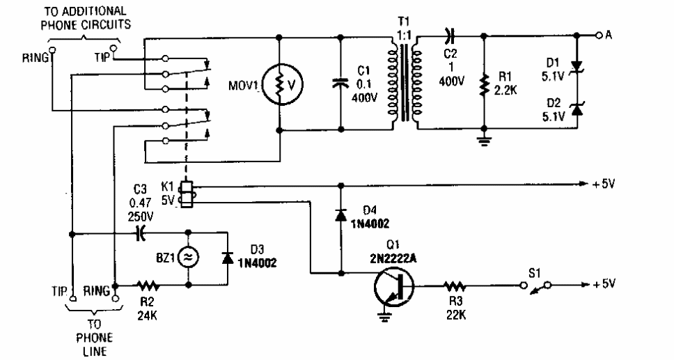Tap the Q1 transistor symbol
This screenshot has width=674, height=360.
click(393, 286)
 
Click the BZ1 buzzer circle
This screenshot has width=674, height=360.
click(188, 258)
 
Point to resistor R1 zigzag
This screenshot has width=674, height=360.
click(485, 85)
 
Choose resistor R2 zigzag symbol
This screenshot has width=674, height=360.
click(148, 285)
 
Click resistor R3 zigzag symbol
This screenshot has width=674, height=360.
click(455, 285)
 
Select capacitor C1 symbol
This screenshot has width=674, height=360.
click(341, 84)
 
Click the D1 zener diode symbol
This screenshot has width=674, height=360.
click(577, 66)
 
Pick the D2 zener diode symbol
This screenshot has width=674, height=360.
click(577, 109)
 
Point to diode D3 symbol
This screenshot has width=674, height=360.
click(227, 257)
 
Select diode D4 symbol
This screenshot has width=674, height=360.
click(341, 214)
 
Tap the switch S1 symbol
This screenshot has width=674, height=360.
click(535, 286)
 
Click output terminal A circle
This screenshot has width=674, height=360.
click(599, 36)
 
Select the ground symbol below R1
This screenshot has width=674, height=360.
click(485, 141)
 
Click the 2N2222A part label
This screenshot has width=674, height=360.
click(393, 258)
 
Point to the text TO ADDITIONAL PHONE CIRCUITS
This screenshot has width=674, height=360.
click(86, 17)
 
